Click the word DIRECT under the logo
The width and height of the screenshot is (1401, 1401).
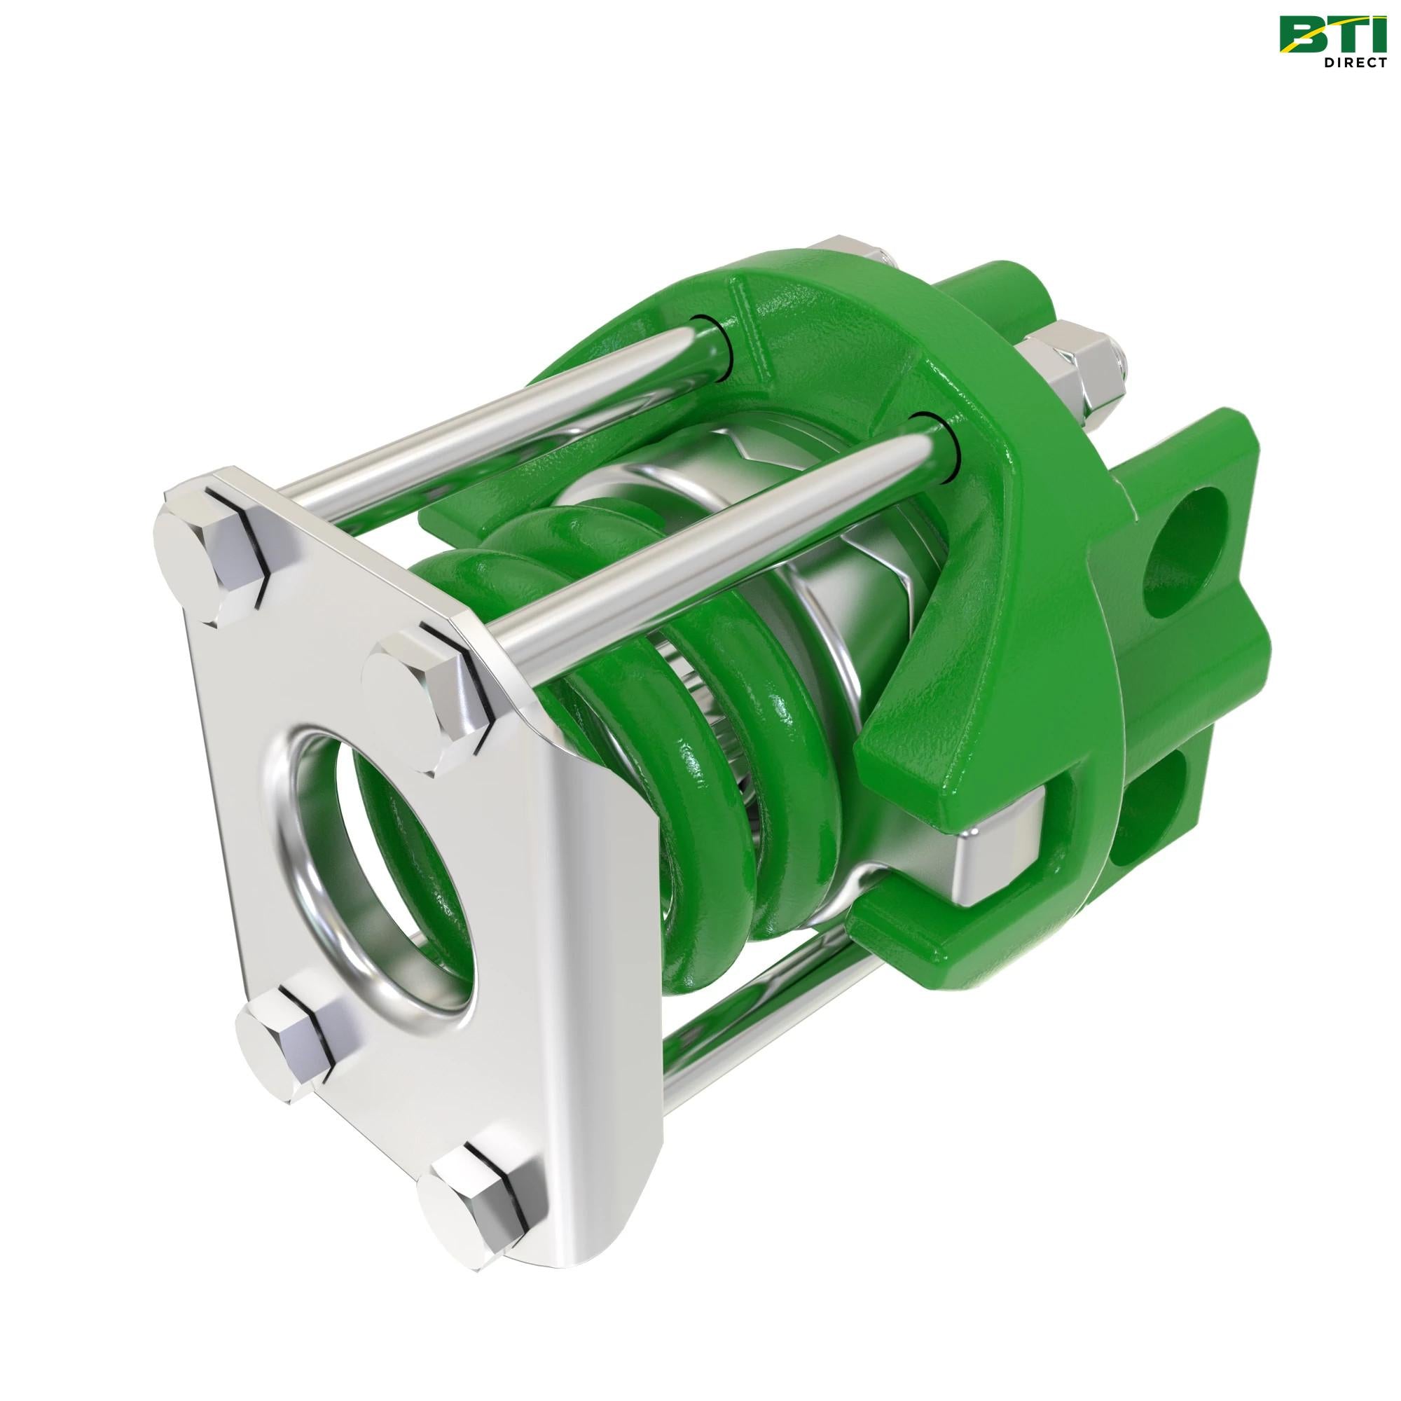tap(1351, 62)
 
